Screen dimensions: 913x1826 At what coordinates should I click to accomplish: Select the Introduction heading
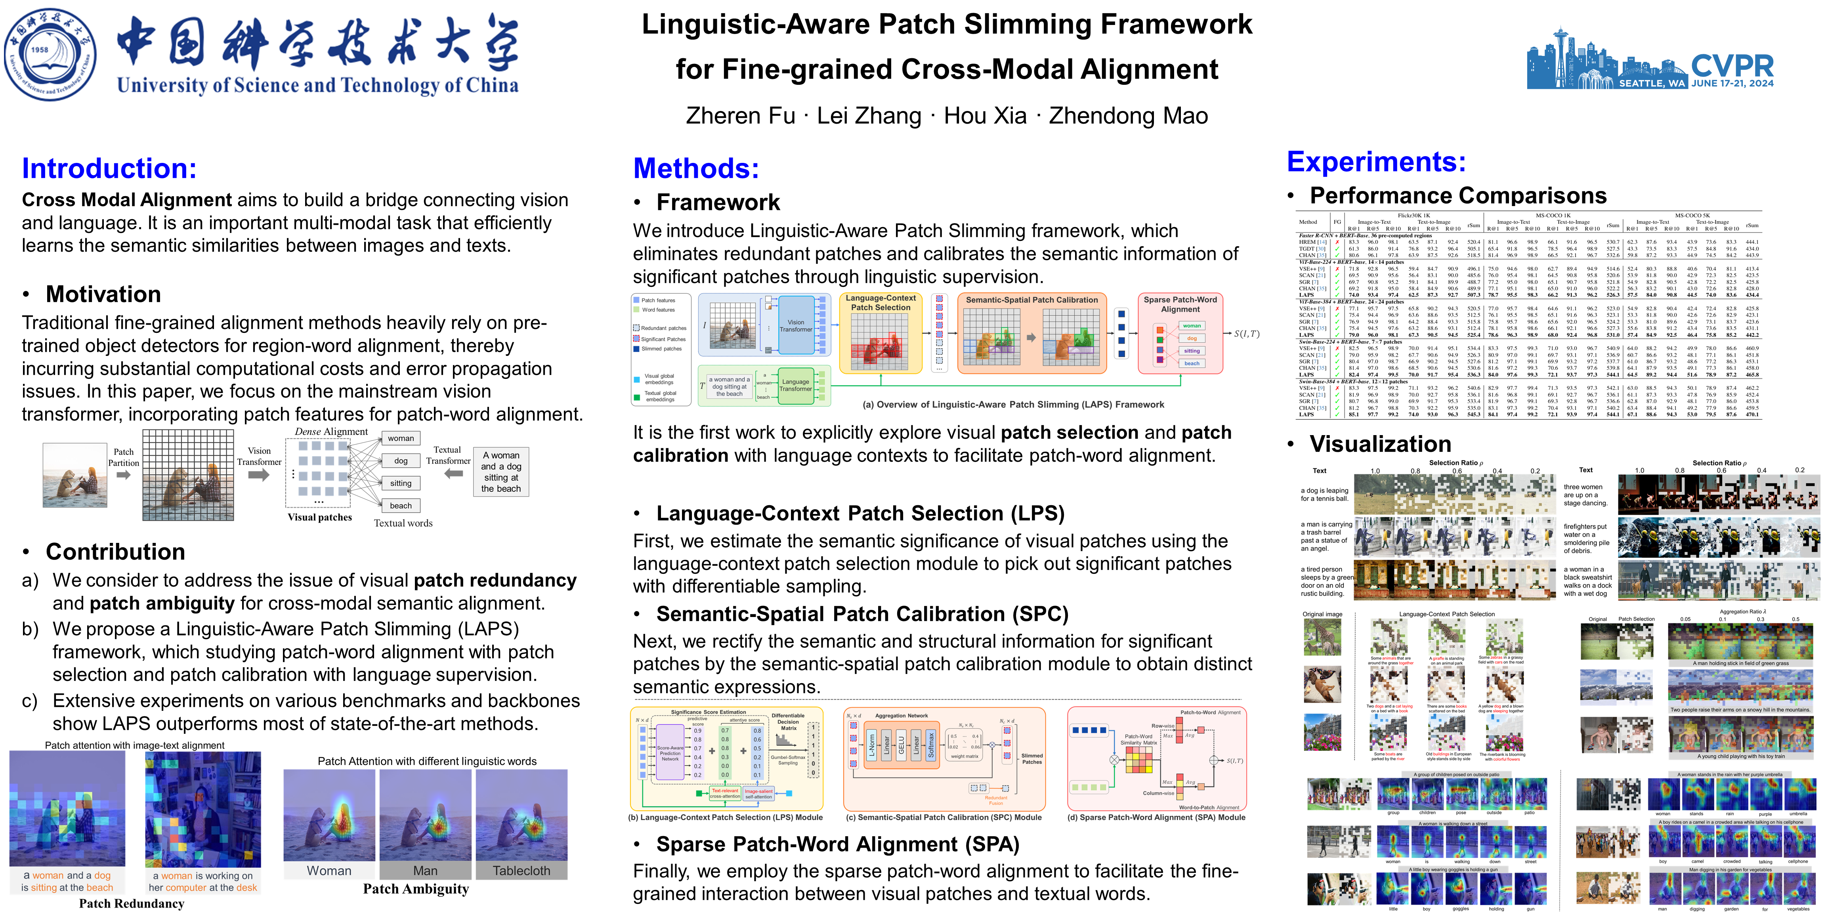click(x=109, y=168)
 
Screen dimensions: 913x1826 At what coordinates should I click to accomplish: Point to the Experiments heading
click(x=1376, y=162)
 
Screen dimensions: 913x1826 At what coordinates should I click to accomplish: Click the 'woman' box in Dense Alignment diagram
click(x=401, y=438)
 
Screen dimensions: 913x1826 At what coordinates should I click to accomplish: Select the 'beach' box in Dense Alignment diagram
click(x=401, y=505)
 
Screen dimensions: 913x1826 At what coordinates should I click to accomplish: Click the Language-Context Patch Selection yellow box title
click(x=881, y=303)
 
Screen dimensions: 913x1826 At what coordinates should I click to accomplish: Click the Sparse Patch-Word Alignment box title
click(x=1180, y=304)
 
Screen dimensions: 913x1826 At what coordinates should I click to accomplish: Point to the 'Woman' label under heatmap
click(x=329, y=871)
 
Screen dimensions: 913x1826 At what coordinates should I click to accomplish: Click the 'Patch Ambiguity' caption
click(x=416, y=889)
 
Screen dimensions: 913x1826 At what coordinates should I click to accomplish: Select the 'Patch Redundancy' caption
click(x=132, y=903)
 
